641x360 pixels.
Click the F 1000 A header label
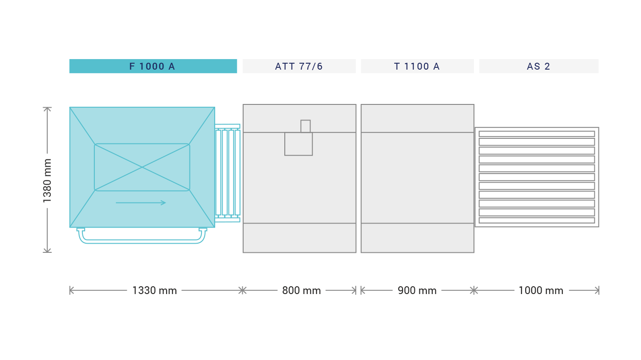152,66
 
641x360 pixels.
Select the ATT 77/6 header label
299,66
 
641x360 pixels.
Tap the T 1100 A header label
417,66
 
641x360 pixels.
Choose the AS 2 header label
538,66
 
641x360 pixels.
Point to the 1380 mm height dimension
47,180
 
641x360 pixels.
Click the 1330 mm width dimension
154,290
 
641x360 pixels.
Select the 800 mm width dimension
301,290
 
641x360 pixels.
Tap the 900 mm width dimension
417,290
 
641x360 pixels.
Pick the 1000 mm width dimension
541,290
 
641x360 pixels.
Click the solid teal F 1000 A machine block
142,167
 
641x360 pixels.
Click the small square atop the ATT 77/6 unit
305,126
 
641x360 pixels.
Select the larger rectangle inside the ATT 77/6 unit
299,144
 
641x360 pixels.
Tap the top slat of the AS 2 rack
537,134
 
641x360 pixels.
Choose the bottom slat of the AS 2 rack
537,220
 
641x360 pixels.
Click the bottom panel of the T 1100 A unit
417,238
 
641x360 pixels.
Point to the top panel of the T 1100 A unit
417,119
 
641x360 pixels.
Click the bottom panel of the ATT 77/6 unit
299,238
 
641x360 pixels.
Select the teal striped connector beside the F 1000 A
228,173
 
